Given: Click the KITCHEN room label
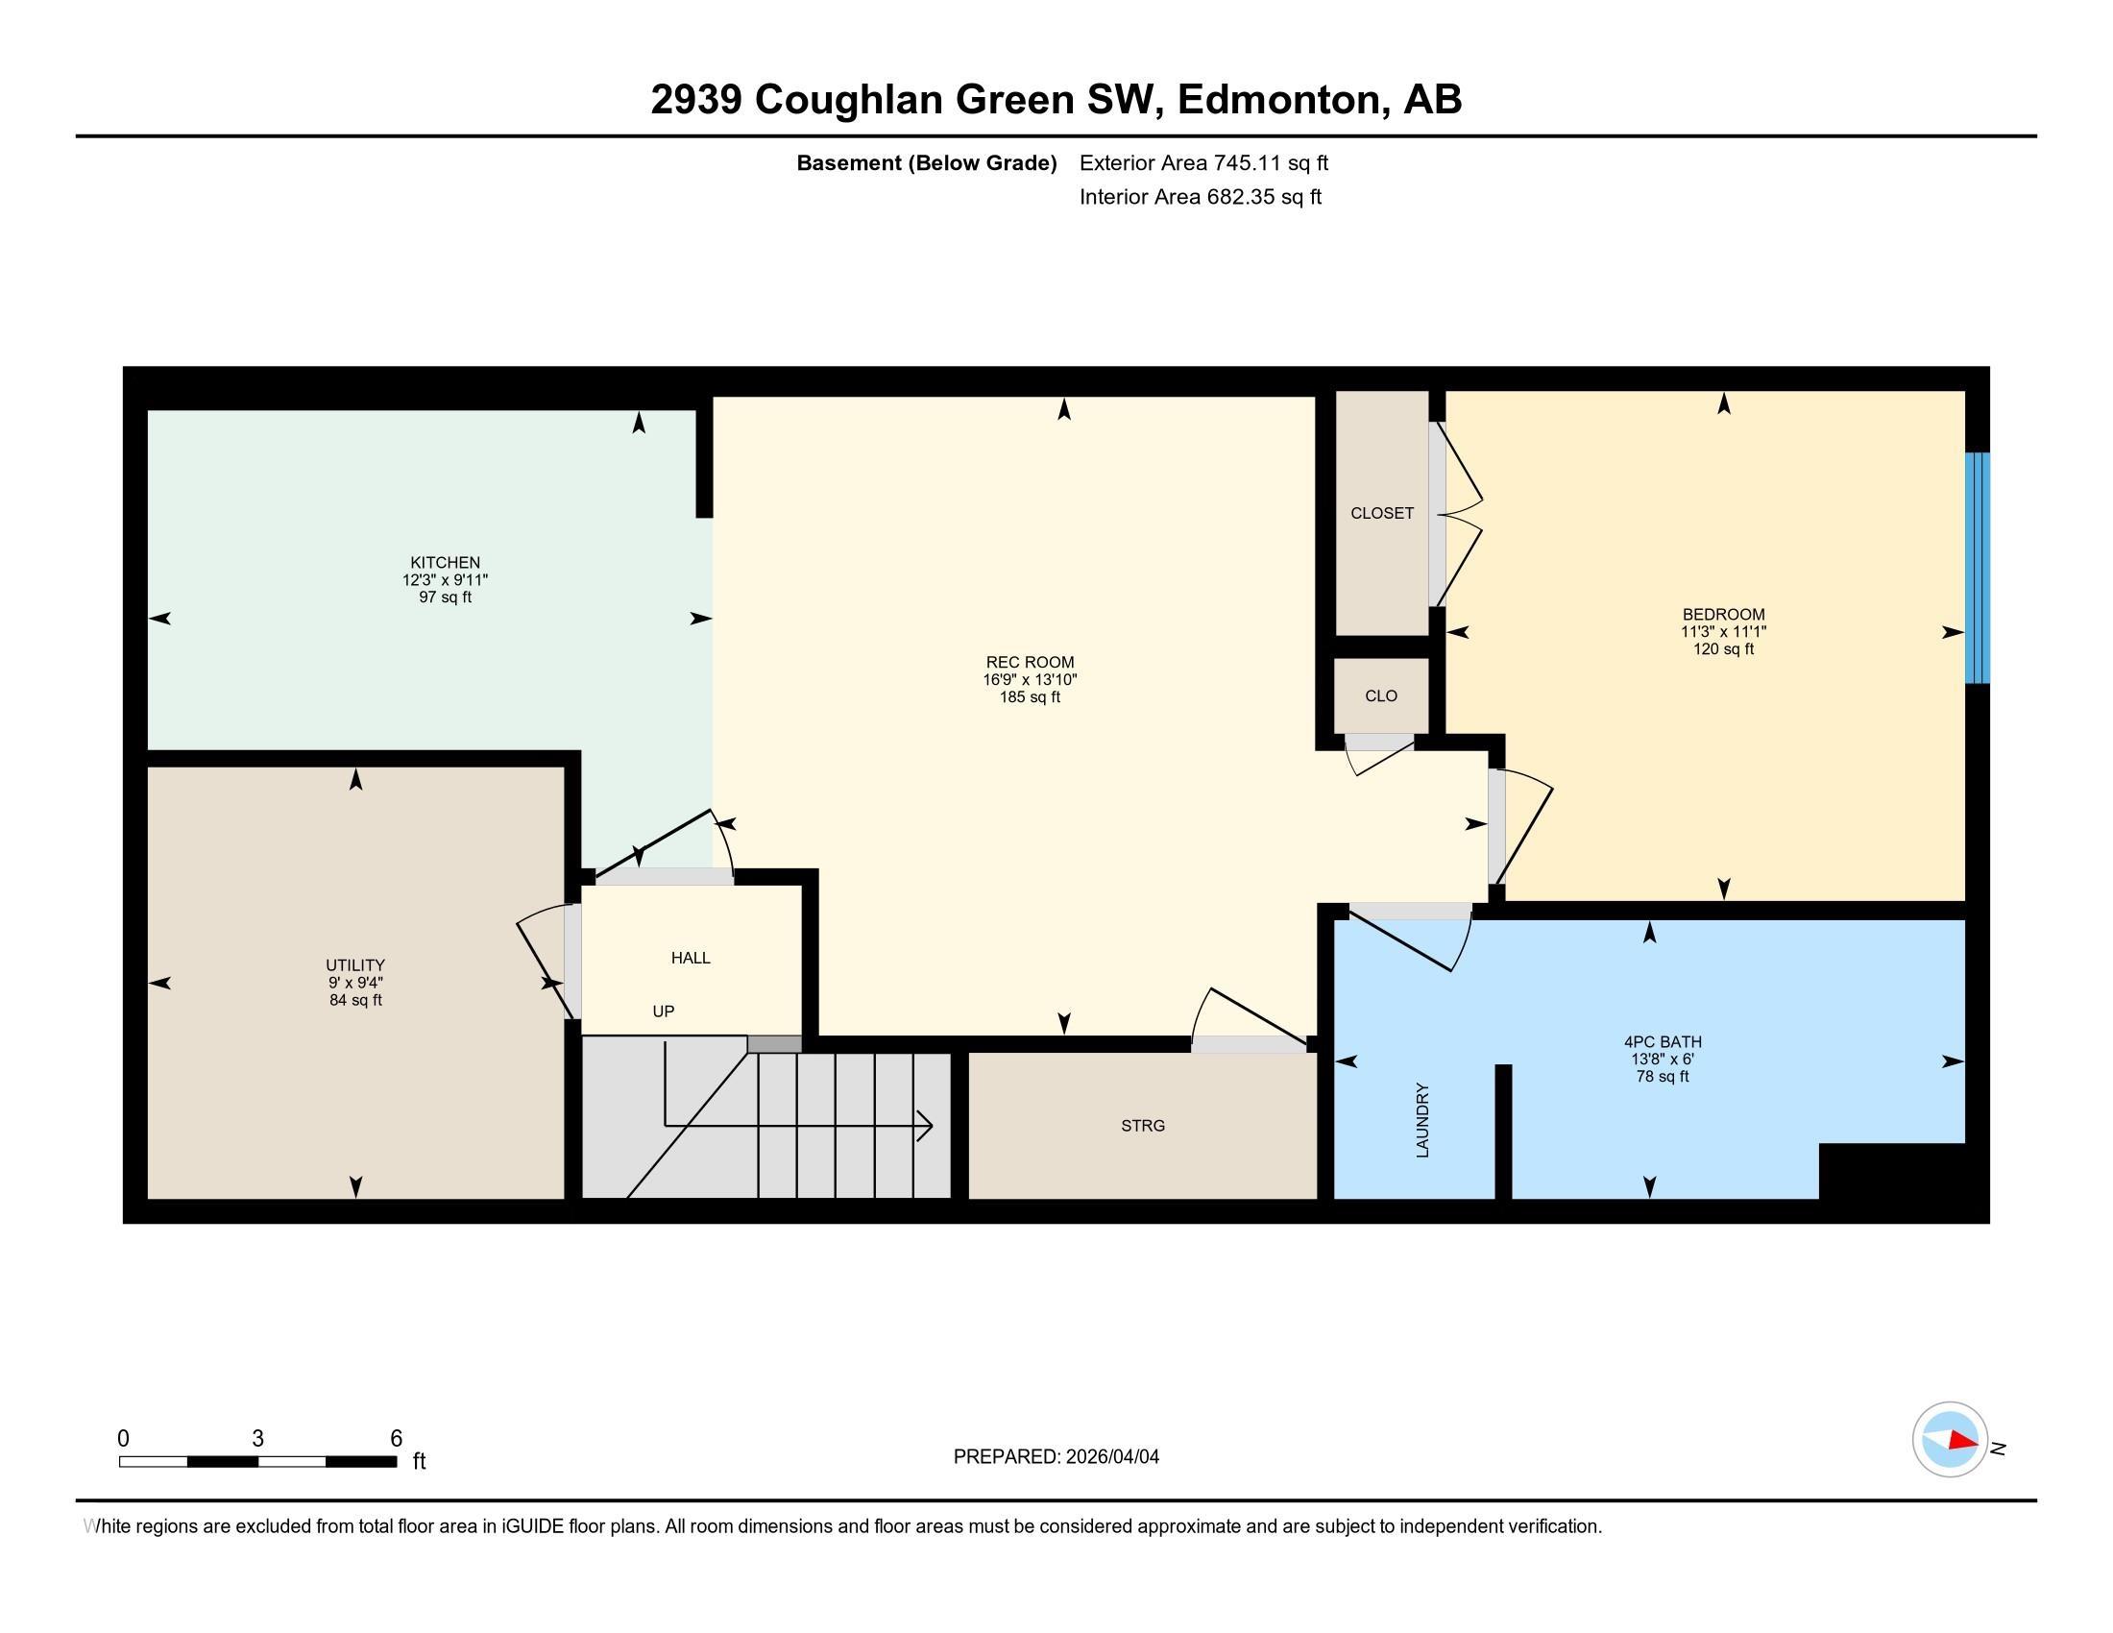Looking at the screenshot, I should [445, 562].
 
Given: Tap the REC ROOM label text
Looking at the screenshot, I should [1030, 663].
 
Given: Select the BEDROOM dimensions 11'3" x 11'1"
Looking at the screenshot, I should [1723, 632].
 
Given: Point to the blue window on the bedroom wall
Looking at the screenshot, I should [1978, 568].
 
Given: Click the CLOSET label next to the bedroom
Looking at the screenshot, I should [1381, 514].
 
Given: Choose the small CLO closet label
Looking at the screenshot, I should [1380, 695].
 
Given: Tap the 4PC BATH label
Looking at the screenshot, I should [1663, 1042].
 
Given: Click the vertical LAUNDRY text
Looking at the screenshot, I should [1422, 1119].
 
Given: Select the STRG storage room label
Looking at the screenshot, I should [1143, 1126].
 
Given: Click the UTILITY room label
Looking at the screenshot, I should [355, 965].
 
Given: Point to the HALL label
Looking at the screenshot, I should [691, 958].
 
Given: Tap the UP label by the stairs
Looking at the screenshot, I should [663, 1011].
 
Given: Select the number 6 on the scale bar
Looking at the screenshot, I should [396, 1439].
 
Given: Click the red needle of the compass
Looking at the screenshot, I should [1962, 1441].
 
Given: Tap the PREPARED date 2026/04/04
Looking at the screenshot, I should [1111, 1457].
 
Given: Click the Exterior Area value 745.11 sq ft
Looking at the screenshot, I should [1271, 163].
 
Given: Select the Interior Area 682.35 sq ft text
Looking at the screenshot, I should [1200, 197].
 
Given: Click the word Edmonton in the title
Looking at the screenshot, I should [1278, 100].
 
